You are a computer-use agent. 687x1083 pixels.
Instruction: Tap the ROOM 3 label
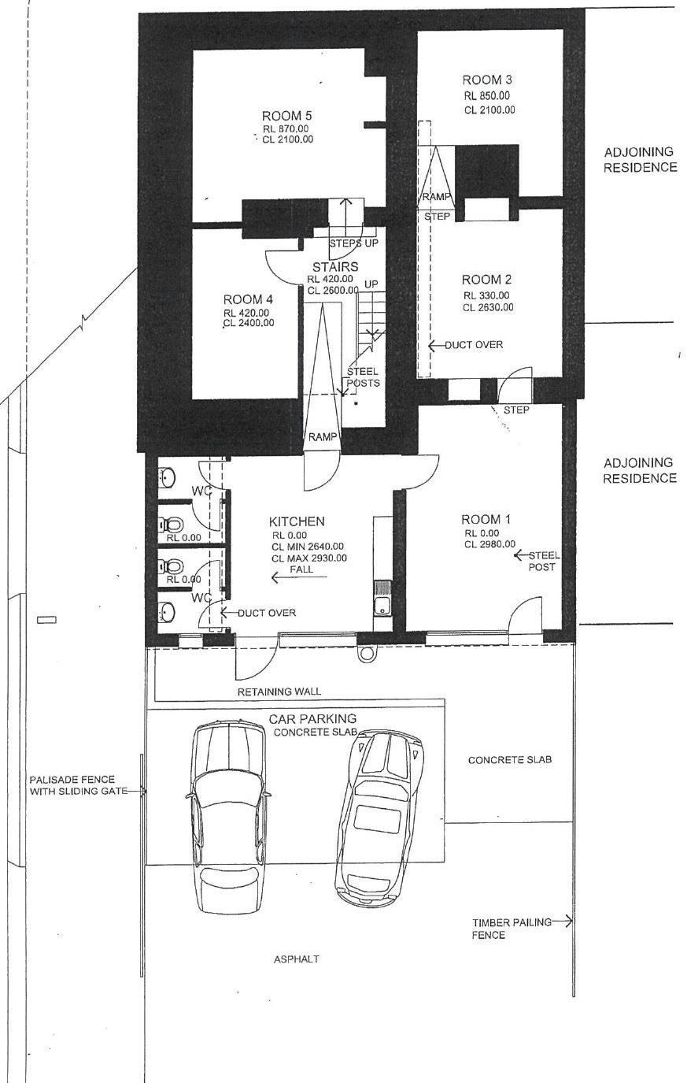click(487, 80)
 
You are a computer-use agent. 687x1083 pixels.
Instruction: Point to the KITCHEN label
click(297, 521)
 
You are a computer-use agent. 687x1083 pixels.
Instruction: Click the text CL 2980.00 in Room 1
click(490, 544)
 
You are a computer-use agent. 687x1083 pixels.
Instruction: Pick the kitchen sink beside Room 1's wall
click(382, 598)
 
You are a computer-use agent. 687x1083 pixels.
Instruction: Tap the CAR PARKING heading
click(312, 719)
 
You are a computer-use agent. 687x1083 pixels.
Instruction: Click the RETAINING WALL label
click(279, 692)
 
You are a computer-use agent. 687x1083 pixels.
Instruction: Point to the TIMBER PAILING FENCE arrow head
click(571, 922)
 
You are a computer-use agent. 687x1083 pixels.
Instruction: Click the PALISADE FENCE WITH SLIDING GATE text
click(79, 785)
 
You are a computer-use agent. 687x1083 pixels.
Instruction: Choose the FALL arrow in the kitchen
click(300, 577)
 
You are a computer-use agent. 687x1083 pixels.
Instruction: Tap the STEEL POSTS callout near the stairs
click(363, 377)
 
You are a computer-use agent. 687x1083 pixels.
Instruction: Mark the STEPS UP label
click(354, 243)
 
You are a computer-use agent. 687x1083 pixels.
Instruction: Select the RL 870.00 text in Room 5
click(286, 129)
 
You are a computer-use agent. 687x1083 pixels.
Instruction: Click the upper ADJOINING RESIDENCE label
click(640, 160)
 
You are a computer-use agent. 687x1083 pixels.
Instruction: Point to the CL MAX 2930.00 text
click(309, 558)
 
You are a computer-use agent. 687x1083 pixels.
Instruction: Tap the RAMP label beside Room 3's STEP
click(436, 197)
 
